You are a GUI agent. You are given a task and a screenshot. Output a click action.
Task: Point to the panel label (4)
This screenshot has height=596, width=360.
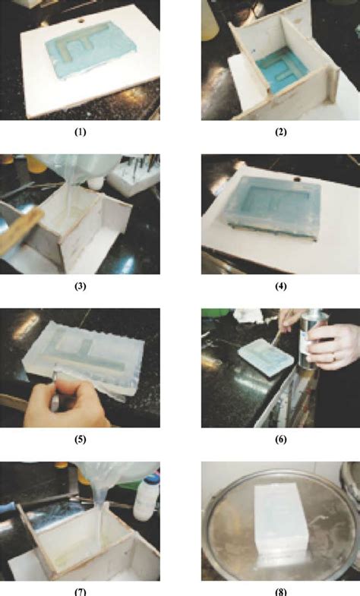[x=279, y=287]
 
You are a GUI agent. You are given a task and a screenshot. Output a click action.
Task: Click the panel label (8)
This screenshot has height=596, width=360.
[x=279, y=591]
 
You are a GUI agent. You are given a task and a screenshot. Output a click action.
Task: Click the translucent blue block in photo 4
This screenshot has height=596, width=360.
[x=273, y=202]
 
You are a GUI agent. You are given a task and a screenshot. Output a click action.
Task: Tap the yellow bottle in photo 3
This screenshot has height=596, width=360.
[x=34, y=162]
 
